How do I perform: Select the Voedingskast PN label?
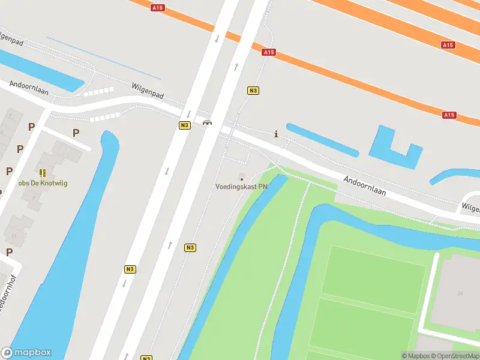[x=242, y=187]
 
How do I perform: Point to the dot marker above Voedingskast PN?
[x=242, y=178]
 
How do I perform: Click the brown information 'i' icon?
[x=275, y=134]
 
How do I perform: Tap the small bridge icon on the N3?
[x=207, y=122]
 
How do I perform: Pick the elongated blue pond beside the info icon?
[x=322, y=140]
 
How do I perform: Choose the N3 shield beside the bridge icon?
[x=184, y=125]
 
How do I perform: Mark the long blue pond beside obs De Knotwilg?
[x=66, y=252]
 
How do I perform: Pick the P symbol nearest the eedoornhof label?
[x=9, y=252]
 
